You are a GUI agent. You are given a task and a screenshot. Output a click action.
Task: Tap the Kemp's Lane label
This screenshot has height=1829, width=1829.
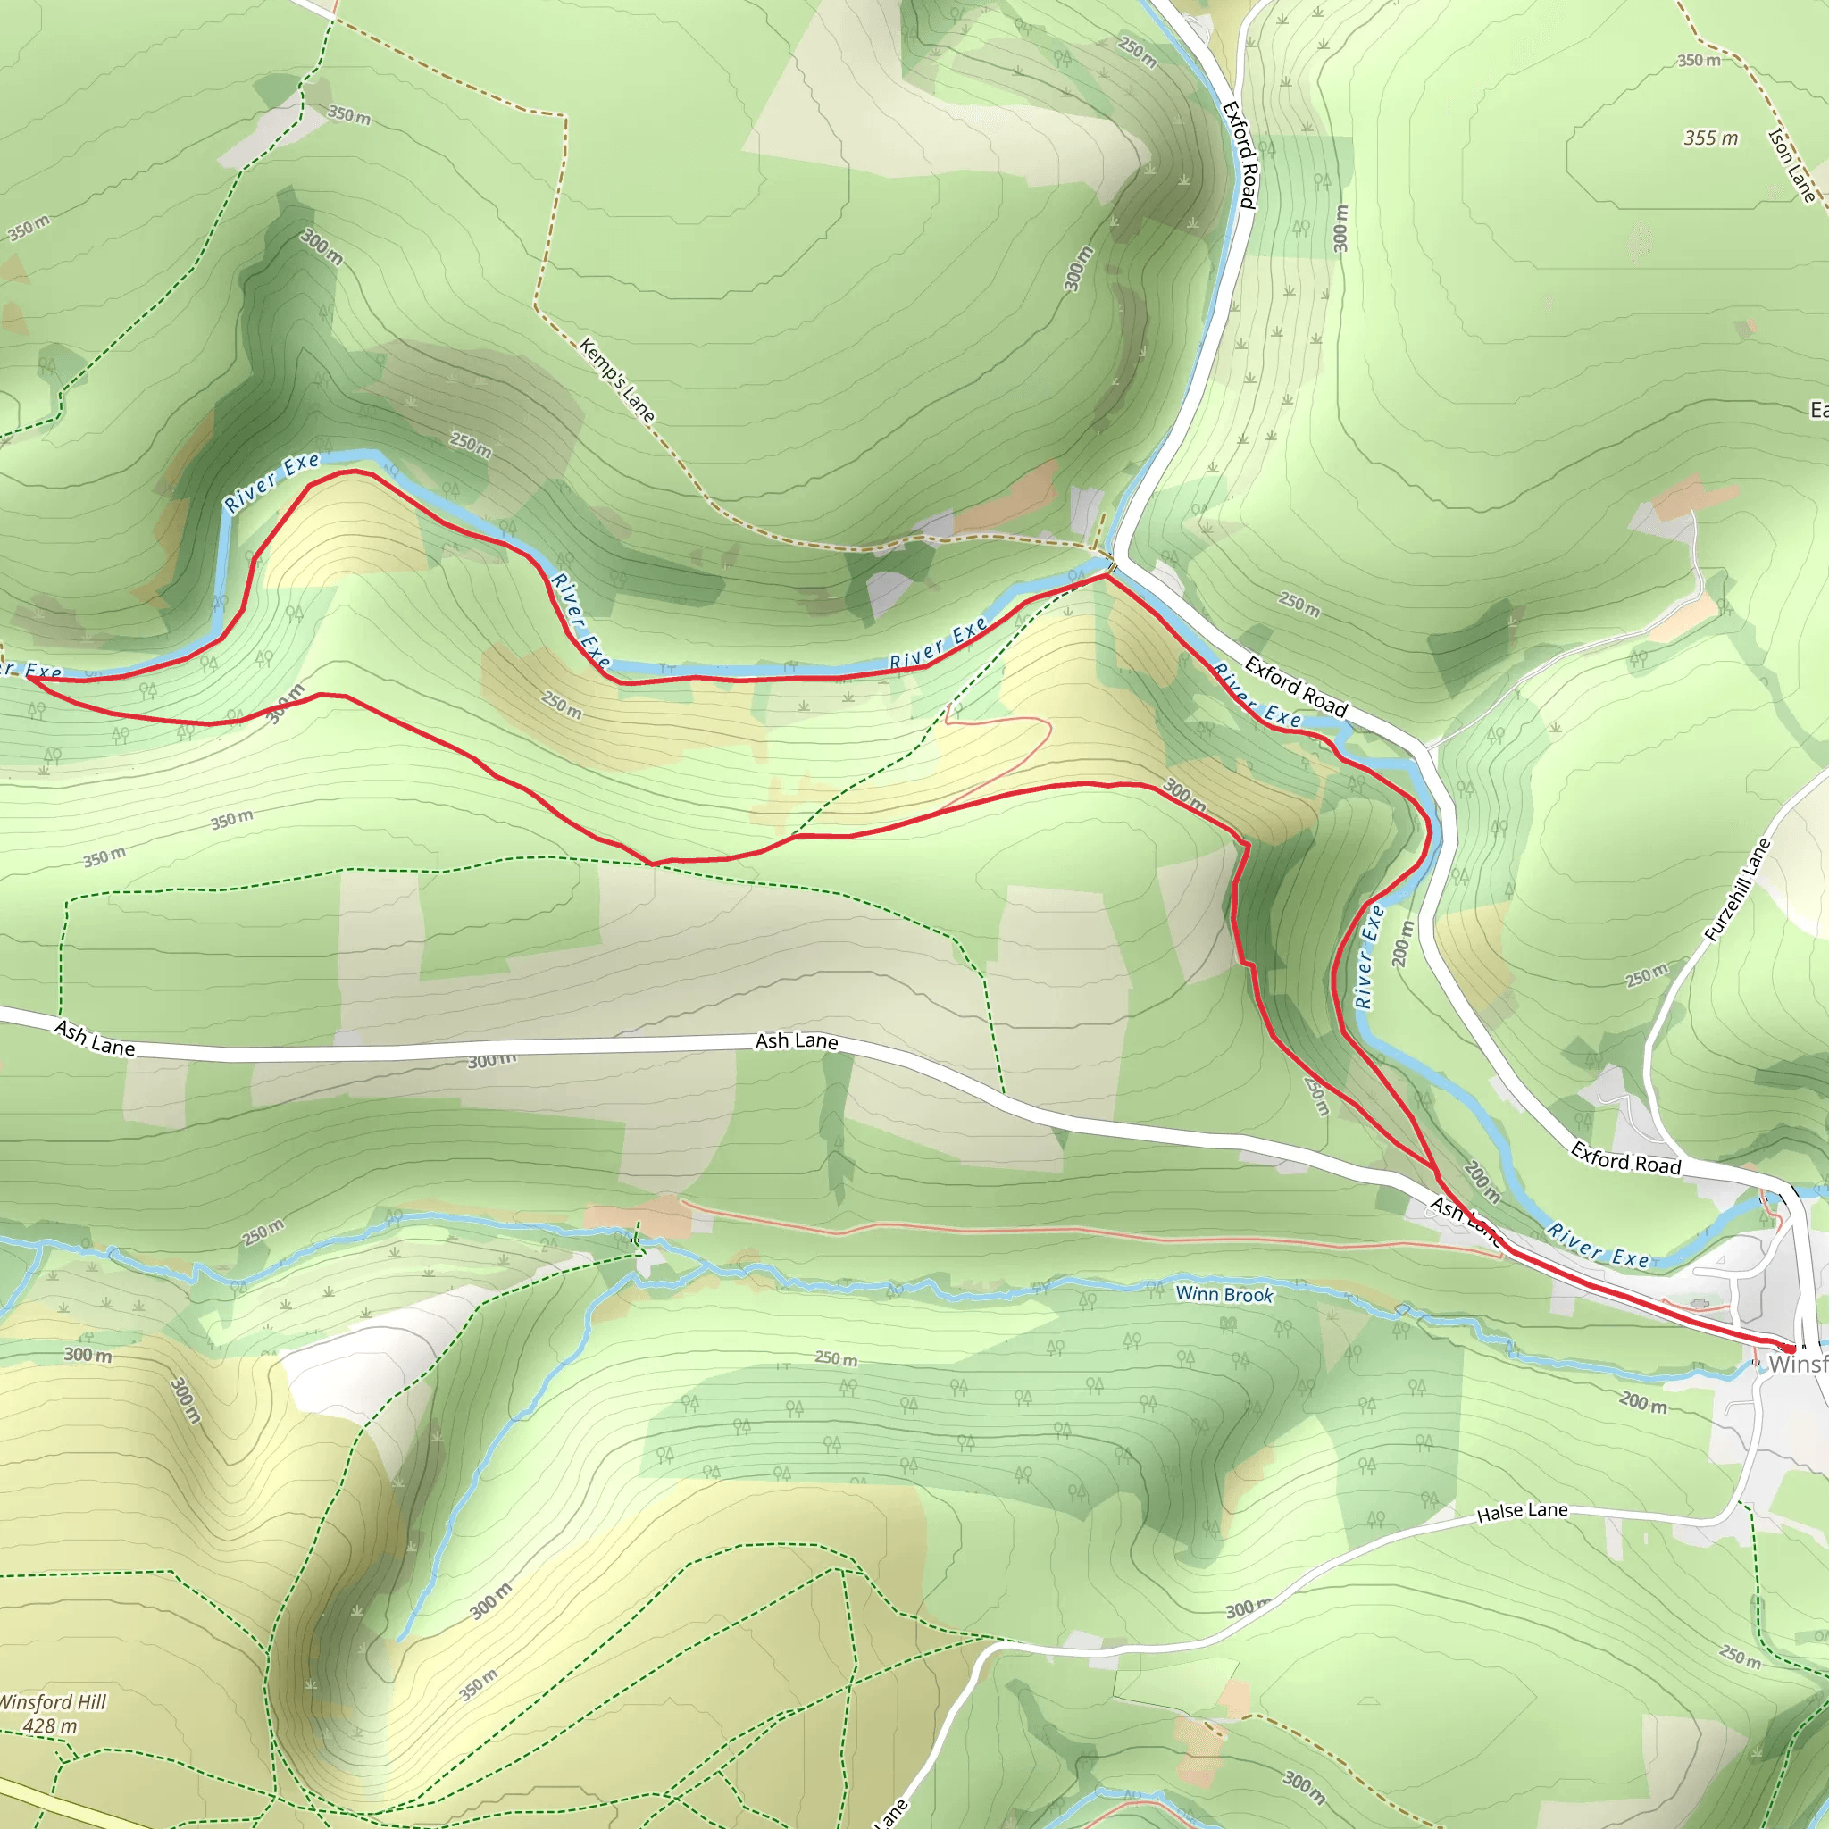click(x=616, y=380)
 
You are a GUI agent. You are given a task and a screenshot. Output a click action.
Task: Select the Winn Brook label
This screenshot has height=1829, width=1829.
click(x=1224, y=1294)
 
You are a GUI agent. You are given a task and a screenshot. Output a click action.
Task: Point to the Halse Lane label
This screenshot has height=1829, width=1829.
click(x=1523, y=1512)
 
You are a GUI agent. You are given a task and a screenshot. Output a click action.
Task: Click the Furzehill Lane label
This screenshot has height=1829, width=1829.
click(x=1737, y=889)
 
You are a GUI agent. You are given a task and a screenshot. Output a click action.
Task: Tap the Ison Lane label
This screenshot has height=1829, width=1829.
click(x=1792, y=166)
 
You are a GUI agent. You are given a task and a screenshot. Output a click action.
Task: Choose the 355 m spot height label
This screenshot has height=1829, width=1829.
click(x=1710, y=138)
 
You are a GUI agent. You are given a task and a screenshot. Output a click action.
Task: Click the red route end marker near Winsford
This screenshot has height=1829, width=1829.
click(x=1787, y=1348)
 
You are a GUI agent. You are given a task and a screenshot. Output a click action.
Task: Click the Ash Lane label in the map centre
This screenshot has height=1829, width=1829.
click(x=796, y=1041)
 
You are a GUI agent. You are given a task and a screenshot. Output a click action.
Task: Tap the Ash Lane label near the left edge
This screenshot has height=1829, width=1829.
click(x=95, y=1039)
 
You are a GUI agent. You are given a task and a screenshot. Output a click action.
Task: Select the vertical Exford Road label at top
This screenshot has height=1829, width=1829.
click(x=1240, y=155)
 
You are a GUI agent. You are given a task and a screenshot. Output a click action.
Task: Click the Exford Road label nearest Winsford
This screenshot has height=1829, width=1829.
click(x=1625, y=1157)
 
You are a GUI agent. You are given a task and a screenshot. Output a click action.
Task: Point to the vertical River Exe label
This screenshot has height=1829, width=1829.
click(x=1369, y=956)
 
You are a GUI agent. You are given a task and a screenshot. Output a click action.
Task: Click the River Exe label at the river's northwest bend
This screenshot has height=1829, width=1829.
click(x=272, y=482)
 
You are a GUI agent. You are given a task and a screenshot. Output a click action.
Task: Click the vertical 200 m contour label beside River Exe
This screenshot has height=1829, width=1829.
click(x=1403, y=943)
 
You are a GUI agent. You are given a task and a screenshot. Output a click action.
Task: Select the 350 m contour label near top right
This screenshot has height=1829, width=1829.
click(x=1700, y=61)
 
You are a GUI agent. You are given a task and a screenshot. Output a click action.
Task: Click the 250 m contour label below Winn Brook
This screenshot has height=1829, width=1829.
click(x=837, y=1358)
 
